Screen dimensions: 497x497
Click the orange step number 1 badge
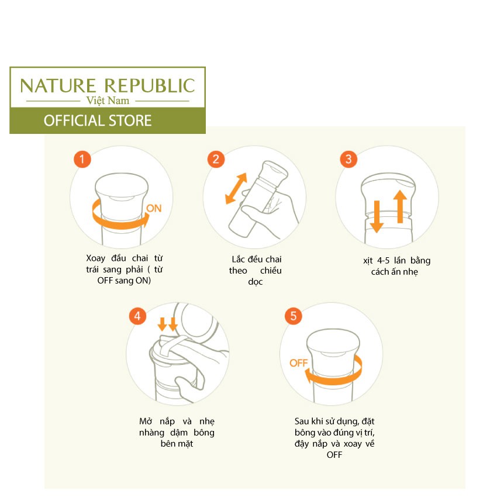point(82,159)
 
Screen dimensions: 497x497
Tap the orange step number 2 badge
point(216,159)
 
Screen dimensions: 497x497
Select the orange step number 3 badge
point(348,159)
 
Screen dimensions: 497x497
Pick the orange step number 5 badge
point(294,316)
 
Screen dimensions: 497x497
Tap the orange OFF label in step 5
point(298,363)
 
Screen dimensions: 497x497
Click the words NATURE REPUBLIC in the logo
point(108,86)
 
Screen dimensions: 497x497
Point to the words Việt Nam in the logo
point(108,101)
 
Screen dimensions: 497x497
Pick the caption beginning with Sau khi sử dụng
point(334,437)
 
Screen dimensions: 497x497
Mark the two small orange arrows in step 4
point(168,323)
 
